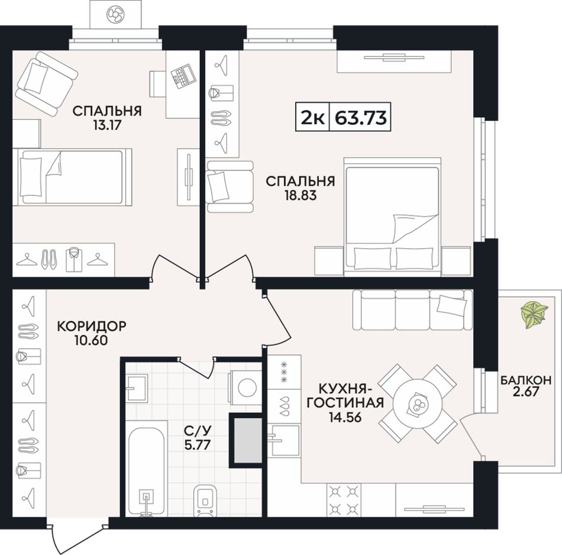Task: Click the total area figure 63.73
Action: (360, 117)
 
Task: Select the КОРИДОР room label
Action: (92, 326)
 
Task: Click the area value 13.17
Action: (107, 125)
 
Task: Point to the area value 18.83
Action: (301, 196)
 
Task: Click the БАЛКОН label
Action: (526, 380)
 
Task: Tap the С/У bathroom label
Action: (198, 429)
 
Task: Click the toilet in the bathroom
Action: (205, 501)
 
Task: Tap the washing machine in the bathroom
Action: (245, 388)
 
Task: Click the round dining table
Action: (417, 404)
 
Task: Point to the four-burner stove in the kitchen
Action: (344, 500)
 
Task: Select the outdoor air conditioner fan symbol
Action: (115, 15)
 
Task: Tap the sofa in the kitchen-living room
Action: (412, 309)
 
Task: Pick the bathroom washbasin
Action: (136, 388)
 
